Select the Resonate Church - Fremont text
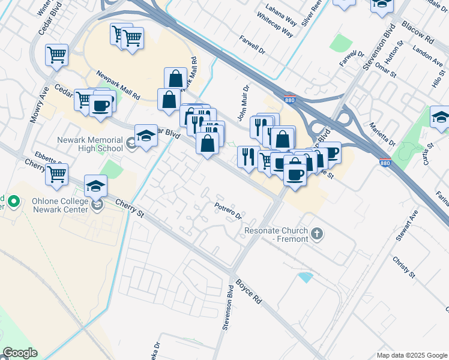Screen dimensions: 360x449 point(276,235)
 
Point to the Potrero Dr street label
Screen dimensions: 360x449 point(228,211)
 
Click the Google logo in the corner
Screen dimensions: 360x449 point(20,353)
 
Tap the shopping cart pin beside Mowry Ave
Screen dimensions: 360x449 point(56,55)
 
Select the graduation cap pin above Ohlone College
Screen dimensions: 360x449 point(96,185)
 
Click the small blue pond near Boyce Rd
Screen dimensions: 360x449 point(305,277)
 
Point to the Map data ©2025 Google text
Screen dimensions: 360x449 point(412,355)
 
